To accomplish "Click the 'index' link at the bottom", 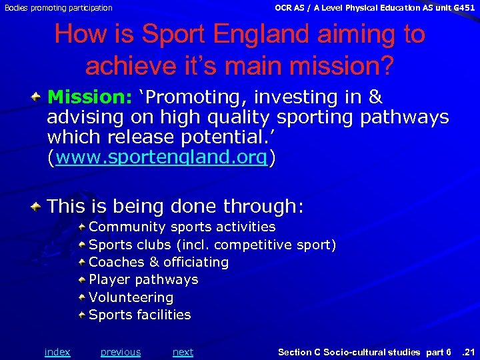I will click(57, 352).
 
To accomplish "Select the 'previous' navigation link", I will click(121, 352).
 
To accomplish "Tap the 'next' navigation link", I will click(183, 352).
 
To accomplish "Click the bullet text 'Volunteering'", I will click(131, 297).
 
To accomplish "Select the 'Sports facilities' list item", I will click(139, 315).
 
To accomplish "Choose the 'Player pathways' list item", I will click(143, 280).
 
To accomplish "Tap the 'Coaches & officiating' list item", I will click(159, 263).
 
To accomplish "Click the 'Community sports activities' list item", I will click(182, 227).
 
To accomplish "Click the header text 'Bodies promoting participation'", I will click(59, 8).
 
